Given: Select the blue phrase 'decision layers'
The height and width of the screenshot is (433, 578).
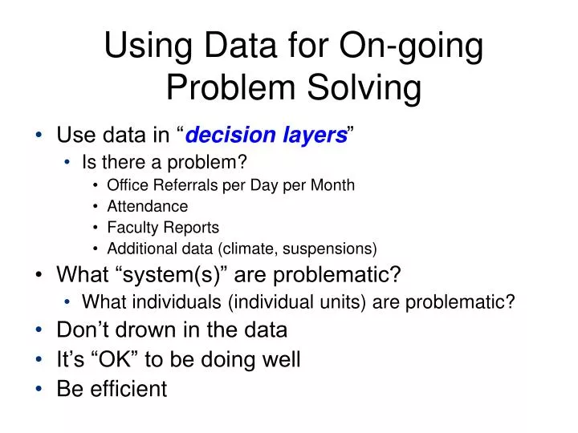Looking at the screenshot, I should click(x=266, y=136).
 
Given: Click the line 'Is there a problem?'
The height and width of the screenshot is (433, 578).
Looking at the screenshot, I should click(x=165, y=162).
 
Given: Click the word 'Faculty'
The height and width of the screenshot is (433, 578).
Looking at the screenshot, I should click(x=132, y=227).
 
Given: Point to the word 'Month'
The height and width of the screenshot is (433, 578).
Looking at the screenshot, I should click(x=333, y=185).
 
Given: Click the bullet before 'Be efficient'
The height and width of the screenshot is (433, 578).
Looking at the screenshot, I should click(x=40, y=389).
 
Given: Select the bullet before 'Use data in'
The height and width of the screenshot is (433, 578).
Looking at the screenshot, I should click(x=40, y=136).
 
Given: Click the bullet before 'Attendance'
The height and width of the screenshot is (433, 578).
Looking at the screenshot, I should click(x=96, y=206).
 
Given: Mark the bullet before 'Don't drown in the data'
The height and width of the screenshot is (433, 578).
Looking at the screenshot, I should click(x=40, y=330).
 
